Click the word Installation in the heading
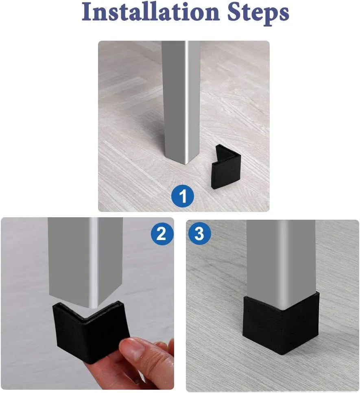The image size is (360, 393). click(x=151, y=12)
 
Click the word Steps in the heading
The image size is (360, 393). click(x=258, y=13)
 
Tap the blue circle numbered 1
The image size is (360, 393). click(x=183, y=196)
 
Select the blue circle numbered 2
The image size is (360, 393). click(x=162, y=234)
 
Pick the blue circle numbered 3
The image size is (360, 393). click(x=199, y=234)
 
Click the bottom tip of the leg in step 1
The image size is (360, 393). click(x=185, y=164)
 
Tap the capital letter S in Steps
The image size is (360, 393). click(x=234, y=12)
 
